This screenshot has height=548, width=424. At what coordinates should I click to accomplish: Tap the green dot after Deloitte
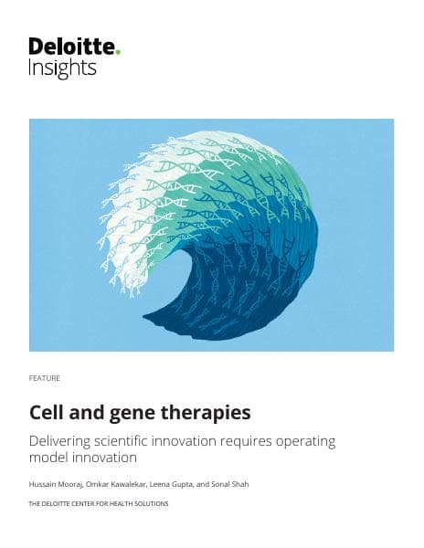point(118,51)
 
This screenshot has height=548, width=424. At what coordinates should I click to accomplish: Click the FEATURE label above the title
point(45,377)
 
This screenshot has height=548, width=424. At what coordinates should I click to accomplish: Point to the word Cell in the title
point(46,413)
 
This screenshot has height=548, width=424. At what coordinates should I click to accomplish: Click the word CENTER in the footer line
point(85,503)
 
